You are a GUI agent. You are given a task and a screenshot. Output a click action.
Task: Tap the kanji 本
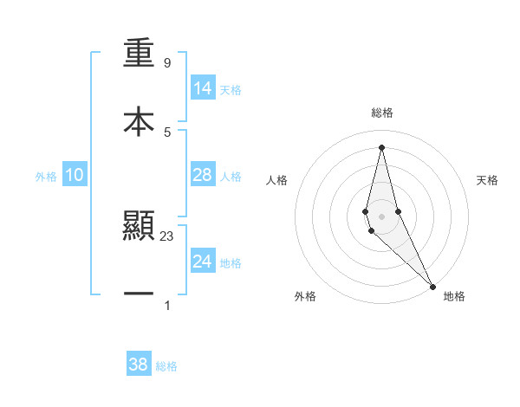coord(139,121)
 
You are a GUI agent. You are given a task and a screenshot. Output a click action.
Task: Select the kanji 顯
coord(139,227)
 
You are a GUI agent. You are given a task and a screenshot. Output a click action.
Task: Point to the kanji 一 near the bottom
coord(139,294)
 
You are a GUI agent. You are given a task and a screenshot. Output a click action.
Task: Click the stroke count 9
coord(167,63)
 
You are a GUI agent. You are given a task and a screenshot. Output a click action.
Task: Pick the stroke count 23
coord(167,236)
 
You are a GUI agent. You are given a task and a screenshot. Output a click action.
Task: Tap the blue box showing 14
coord(203,88)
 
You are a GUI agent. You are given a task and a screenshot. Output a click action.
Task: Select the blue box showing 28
coord(203,175)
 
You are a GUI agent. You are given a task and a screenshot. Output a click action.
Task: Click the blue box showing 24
coord(203,262)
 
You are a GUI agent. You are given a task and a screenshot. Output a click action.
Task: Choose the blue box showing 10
coord(75,175)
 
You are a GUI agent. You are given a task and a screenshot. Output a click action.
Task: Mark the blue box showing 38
coord(139,365)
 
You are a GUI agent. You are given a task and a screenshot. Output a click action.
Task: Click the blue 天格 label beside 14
coord(231,90)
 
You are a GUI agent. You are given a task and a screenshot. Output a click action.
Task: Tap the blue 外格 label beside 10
coord(46,177)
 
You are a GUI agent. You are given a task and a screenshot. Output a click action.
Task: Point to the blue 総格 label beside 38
coord(166,366)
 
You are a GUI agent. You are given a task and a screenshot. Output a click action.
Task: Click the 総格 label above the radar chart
coord(381,113)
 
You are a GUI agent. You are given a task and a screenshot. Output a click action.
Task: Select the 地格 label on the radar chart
coord(454,297)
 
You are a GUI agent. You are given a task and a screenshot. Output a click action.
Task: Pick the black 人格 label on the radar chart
coord(277,180)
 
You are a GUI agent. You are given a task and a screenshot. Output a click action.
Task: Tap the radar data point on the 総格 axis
coord(381,147)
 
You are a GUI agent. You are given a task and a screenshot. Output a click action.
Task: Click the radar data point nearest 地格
coord(432,285)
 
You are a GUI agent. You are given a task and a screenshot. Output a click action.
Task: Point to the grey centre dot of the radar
coord(381,216)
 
